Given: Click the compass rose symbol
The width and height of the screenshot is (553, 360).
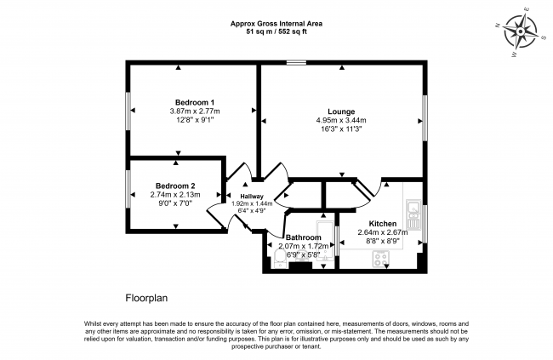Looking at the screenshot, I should [519, 33].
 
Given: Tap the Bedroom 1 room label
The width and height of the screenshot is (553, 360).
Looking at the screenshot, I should [195, 100].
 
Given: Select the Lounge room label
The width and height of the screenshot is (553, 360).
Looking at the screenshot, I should [341, 111].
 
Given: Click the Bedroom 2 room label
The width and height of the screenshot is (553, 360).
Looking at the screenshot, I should [175, 186].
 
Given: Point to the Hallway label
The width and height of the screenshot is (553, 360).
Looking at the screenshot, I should [252, 197].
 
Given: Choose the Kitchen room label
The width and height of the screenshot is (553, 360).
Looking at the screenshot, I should [382, 222].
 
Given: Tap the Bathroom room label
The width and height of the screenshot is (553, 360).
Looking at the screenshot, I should [304, 237].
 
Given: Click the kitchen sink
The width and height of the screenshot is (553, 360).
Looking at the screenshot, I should [412, 206].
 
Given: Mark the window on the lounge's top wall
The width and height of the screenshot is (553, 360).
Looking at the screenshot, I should [296, 61].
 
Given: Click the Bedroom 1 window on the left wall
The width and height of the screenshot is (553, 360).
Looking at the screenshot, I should [128, 111].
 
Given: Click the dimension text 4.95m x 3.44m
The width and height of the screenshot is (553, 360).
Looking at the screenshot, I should [341, 121].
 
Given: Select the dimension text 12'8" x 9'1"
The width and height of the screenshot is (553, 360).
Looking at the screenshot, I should [195, 120].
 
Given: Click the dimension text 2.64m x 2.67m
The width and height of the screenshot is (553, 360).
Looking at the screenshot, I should [382, 232].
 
